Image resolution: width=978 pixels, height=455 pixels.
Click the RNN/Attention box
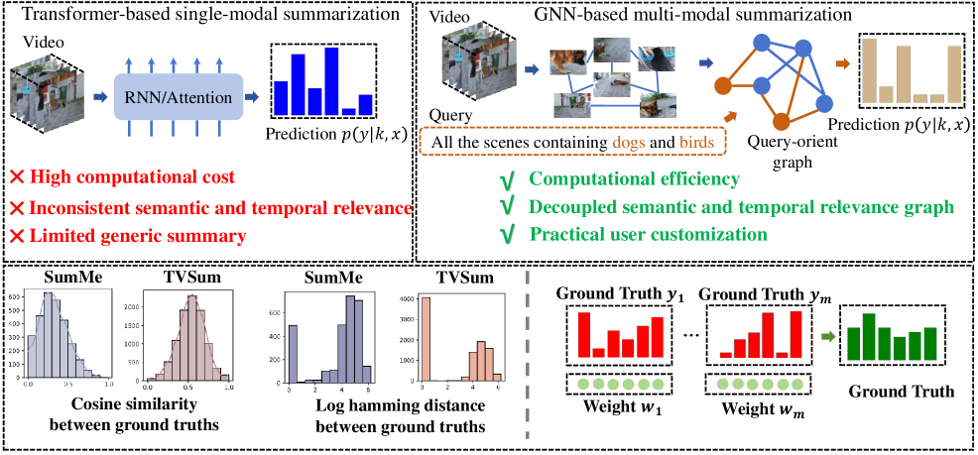point(179,97)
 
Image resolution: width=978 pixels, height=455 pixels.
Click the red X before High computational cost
point(17,178)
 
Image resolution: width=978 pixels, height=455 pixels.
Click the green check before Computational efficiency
point(507,179)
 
